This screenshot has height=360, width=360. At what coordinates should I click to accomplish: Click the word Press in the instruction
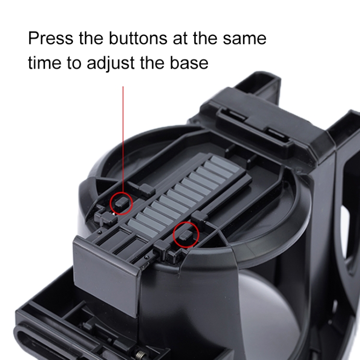(x=50, y=38)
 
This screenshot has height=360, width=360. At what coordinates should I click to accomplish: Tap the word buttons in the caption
(x=138, y=38)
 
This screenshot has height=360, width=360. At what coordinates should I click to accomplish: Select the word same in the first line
(x=244, y=39)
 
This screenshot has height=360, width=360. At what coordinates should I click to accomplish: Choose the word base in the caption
(x=189, y=62)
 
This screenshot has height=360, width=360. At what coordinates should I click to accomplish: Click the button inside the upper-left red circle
(x=121, y=202)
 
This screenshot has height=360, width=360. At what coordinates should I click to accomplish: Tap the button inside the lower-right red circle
(x=186, y=235)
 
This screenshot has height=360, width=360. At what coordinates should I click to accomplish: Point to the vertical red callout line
(x=123, y=139)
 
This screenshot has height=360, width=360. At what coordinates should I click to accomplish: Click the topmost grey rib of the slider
(x=225, y=164)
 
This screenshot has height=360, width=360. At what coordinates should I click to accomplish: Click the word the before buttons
(x=91, y=38)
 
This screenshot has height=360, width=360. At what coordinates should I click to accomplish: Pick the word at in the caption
(x=180, y=38)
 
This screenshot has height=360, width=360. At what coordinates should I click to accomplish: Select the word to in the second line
(x=74, y=63)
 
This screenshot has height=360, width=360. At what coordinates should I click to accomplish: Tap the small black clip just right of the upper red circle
(x=147, y=190)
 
